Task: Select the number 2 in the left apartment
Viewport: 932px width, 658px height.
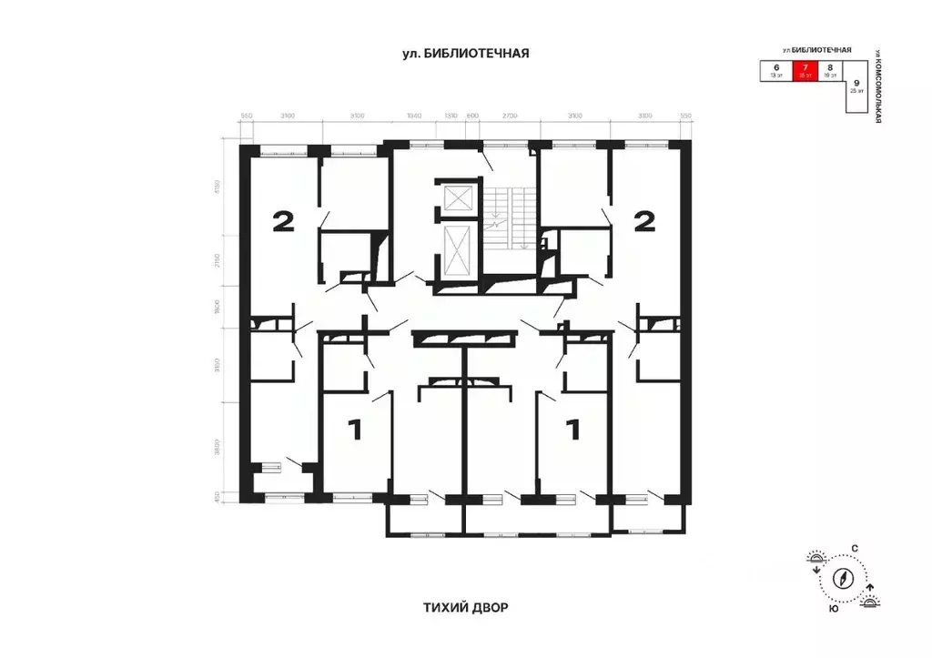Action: pos(283,221)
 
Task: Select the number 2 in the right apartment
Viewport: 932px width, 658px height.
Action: pos(644,221)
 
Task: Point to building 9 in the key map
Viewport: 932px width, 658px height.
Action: pos(856,86)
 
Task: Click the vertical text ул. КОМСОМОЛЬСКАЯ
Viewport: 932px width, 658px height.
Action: pos(878,86)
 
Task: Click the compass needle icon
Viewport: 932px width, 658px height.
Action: pos(844,578)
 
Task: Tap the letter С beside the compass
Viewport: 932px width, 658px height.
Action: pos(854,548)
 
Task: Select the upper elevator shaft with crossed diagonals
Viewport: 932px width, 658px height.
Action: pos(456,197)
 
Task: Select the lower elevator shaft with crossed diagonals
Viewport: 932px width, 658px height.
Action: pos(456,248)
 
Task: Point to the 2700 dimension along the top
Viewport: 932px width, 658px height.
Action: pos(509,116)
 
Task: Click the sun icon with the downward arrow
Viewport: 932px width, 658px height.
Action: pos(816,562)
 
